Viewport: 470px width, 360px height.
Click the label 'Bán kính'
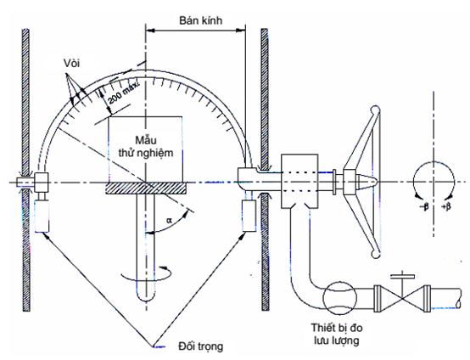pos(201,20)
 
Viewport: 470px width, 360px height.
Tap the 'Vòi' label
pos(71,64)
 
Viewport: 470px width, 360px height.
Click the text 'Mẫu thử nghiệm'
pos(146,147)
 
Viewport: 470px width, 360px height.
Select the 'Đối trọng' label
pos(201,346)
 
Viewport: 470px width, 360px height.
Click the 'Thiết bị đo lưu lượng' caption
pos(337,334)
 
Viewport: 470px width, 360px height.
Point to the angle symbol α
pos(170,221)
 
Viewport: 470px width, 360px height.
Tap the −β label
pos(424,206)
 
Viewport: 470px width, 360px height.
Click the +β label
pos(446,206)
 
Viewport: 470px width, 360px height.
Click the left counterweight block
pos(42,216)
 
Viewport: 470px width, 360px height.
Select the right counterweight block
pos(249,216)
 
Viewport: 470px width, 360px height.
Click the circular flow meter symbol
pos(339,297)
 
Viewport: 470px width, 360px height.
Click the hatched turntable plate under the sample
pos(146,188)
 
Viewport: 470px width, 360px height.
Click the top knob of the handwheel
pos(375,110)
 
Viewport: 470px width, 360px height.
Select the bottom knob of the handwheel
pos(375,254)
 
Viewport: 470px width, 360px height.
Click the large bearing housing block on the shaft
pos(299,181)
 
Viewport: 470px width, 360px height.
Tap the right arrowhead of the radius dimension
pos(241,30)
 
